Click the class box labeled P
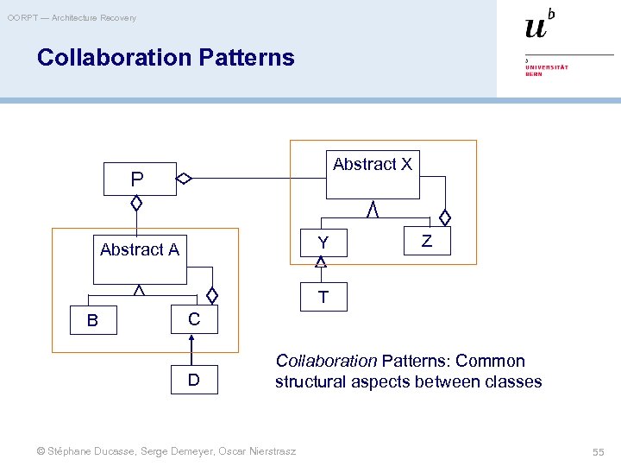pyautogui.click(x=138, y=179)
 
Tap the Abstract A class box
pyautogui.click(x=140, y=258)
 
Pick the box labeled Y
pyautogui.click(x=323, y=243)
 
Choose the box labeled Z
pyautogui.click(x=426, y=242)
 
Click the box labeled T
pyautogui.click(x=323, y=298)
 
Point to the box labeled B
pyautogui.click(x=92, y=320)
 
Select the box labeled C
pyautogui.click(x=194, y=319)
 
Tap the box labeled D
pyautogui.click(x=194, y=380)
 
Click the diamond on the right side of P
pyautogui.click(x=184, y=179)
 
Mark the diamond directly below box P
pyautogui.click(x=136, y=204)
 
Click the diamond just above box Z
pyautogui.click(x=445, y=217)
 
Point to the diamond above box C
pyautogui.click(x=212, y=294)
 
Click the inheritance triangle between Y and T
pyautogui.click(x=321, y=262)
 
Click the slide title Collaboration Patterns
pyautogui.click(x=166, y=58)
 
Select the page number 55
pyautogui.click(x=598, y=451)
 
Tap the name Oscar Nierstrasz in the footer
pyautogui.click(x=258, y=451)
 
